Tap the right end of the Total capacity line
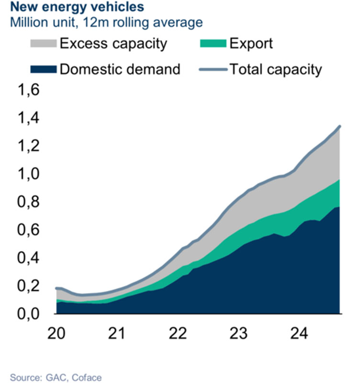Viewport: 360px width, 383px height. pos(339,126)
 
